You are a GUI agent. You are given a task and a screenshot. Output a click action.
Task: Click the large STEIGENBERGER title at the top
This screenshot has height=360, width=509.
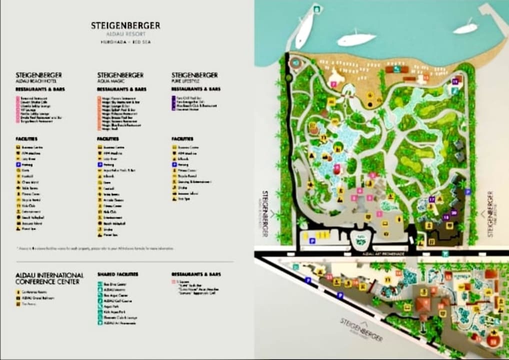125,25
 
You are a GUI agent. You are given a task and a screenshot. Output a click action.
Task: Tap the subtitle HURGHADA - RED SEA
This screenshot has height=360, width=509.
125,42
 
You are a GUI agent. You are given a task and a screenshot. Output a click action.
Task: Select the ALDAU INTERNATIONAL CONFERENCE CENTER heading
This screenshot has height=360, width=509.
49,278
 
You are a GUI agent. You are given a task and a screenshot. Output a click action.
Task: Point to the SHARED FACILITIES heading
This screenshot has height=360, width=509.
118,274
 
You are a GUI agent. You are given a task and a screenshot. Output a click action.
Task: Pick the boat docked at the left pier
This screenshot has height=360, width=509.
304,30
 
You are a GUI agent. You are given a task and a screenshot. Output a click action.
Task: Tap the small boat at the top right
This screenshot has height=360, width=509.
466,27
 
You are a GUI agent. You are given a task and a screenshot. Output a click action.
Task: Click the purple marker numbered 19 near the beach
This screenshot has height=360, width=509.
455,81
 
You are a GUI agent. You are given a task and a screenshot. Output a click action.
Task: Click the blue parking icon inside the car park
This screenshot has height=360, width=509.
312,241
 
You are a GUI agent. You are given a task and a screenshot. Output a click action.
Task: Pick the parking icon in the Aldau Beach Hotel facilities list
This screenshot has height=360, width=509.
18,164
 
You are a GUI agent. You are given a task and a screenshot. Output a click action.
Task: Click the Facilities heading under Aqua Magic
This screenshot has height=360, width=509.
107,138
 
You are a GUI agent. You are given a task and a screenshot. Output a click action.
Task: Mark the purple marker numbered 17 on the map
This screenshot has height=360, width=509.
431,199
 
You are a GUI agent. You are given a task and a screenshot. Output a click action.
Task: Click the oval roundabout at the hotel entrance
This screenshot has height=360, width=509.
359,240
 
